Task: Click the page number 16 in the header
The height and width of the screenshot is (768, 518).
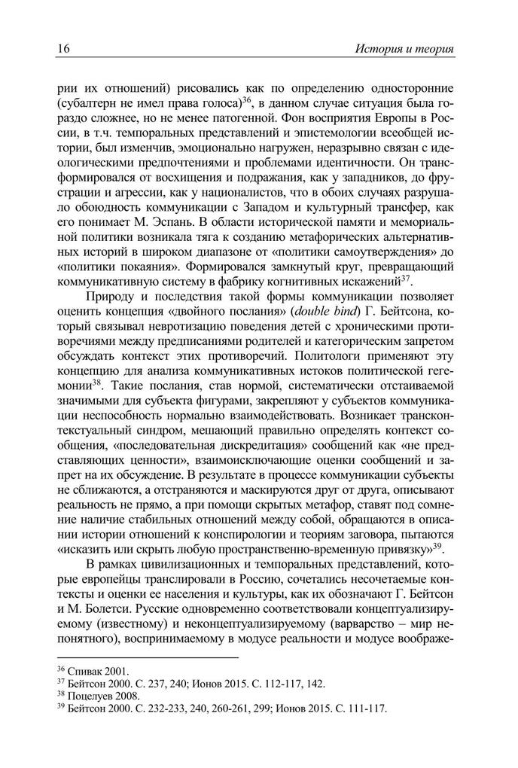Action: (x=63, y=50)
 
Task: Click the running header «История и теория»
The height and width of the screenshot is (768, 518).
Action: (x=405, y=50)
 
